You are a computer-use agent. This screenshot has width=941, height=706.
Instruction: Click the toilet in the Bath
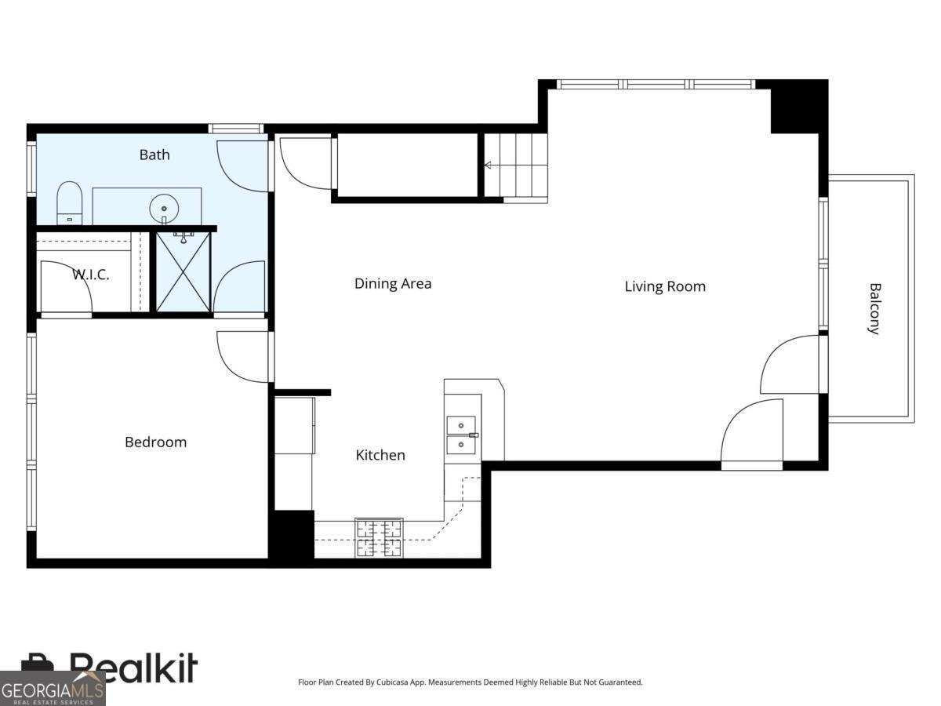coord(70,202)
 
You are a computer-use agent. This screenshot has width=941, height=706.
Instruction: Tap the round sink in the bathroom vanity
coord(164,209)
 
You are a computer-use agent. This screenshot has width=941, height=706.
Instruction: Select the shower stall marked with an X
coord(183,271)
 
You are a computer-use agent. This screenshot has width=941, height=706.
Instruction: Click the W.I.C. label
coord(91,275)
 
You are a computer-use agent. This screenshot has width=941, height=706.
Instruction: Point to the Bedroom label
coord(155,442)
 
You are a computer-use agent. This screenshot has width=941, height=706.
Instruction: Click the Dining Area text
coord(393,284)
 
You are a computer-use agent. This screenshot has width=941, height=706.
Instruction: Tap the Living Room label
coord(665,286)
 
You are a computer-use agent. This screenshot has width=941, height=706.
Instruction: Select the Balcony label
coord(874,309)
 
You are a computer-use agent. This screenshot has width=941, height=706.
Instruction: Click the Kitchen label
coord(380,455)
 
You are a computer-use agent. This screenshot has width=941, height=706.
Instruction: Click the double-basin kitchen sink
coord(462,435)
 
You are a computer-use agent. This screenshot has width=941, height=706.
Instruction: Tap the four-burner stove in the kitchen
coord(379,538)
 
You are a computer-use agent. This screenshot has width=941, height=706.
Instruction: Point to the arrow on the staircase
coord(489,166)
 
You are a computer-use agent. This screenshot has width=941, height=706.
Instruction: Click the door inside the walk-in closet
coord(66,288)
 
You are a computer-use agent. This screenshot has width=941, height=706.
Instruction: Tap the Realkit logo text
coord(133,668)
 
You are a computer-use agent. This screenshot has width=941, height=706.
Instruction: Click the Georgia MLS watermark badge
coord(52,689)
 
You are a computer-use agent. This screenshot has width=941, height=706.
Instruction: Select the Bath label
coord(154,155)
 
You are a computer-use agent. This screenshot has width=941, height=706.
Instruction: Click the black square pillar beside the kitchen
coord(292,534)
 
